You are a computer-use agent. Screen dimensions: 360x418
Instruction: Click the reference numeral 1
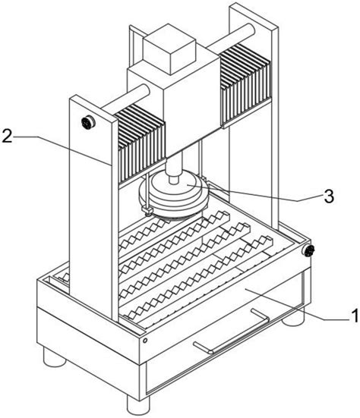tap(355, 316)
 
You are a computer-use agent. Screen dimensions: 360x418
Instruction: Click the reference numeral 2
tap(7, 137)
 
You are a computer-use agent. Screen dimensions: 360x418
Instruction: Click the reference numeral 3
tap(329, 196)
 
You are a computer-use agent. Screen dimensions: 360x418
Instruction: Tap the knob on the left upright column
tap(88, 123)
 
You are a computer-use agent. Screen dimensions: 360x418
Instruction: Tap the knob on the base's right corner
tap(308, 250)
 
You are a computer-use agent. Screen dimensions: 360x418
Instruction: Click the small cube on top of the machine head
tap(169, 49)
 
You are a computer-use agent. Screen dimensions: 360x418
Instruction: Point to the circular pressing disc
tap(173, 196)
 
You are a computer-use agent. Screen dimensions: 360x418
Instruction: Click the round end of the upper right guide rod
tap(251, 29)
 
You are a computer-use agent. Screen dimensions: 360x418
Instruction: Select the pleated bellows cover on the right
tap(245, 83)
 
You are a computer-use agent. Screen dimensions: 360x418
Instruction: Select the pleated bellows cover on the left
tap(141, 144)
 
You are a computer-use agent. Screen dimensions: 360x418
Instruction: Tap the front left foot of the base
tap(55, 357)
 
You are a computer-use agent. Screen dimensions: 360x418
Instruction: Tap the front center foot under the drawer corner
tap(138, 405)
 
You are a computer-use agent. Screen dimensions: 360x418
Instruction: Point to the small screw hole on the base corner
tap(145, 341)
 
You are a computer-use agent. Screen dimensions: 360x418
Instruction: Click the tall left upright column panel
tap(90, 208)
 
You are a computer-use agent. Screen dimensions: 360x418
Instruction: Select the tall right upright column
tap(254, 115)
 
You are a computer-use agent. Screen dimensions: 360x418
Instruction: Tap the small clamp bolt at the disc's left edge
tap(147, 211)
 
